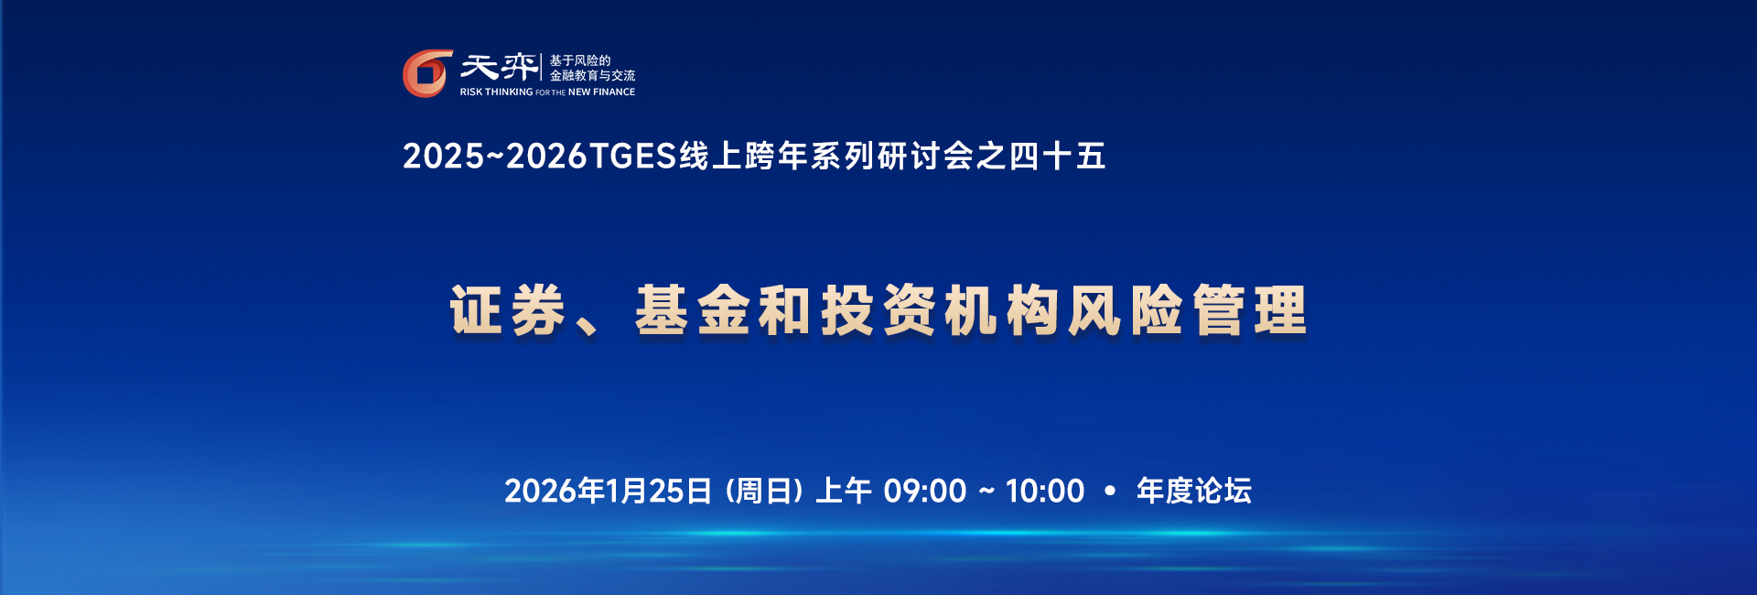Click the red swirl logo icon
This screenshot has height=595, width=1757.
(x=427, y=73)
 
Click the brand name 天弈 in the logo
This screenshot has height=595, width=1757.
(x=499, y=68)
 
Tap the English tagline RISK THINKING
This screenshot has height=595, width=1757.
(x=496, y=92)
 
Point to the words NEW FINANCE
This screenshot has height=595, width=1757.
(x=601, y=92)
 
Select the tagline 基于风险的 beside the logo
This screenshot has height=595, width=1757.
(x=580, y=60)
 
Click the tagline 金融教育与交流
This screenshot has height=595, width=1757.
(x=592, y=76)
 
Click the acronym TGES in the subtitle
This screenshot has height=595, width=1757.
(x=632, y=157)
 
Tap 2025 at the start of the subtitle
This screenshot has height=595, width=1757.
(x=443, y=157)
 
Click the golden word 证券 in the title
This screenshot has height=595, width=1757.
(x=507, y=310)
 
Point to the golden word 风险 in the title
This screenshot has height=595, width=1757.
(x=1126, y=310)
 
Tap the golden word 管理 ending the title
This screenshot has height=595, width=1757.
(x=1250, y=310)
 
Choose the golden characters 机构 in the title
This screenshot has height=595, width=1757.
(x=1001, y=310)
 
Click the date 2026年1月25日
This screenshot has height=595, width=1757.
(x=608, y=492)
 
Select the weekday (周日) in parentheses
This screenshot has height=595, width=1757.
(x=764, y=492)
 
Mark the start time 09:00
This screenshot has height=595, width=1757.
(x=925, y=492)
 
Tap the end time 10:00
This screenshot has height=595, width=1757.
(x=1044, y=492)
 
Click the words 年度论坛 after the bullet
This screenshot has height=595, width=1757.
(x=1193, y=492)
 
